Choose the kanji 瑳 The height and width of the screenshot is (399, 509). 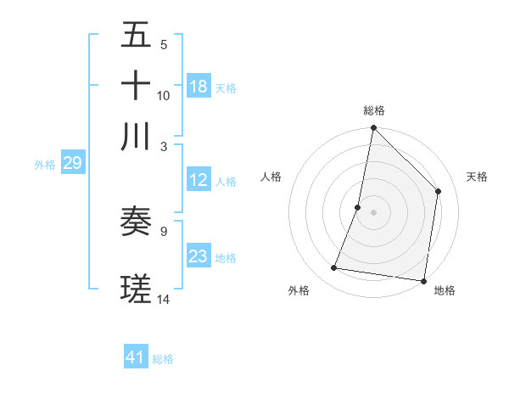pyautogui.click(x=136, y=289)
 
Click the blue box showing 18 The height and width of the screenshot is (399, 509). pyautogui.click(x=199, y=87)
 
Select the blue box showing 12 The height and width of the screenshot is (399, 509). pyautogui.click(x=199, y=180)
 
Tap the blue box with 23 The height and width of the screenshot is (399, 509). pyautogui.click(x=199, y=256)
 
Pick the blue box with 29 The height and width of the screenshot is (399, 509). pyautogui.click(x=72, y=163)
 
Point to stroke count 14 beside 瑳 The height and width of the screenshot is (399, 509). pyautogui.click(x=164, y=299)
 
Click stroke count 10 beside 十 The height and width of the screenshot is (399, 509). pyautogui.click(x=164, y=95)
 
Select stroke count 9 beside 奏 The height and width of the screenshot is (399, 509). pyautogui.click(x=164, y=230)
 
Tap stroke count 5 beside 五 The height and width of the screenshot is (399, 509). pyautogui.click(x=164, y=44)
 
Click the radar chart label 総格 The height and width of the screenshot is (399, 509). pyautogui.click(x=373, y=110)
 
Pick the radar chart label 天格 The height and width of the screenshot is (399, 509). pyautogui.click(x=477, y=177)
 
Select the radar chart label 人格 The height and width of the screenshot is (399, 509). pyautogui.click(x=271, y=177)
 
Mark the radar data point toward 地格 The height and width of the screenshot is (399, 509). pyautogui.click(x=423, y=280)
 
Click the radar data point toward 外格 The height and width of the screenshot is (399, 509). pyautogui.click(x=334, y=268)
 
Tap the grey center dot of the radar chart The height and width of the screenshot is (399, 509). pyautogui.click(x=373, y=211)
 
